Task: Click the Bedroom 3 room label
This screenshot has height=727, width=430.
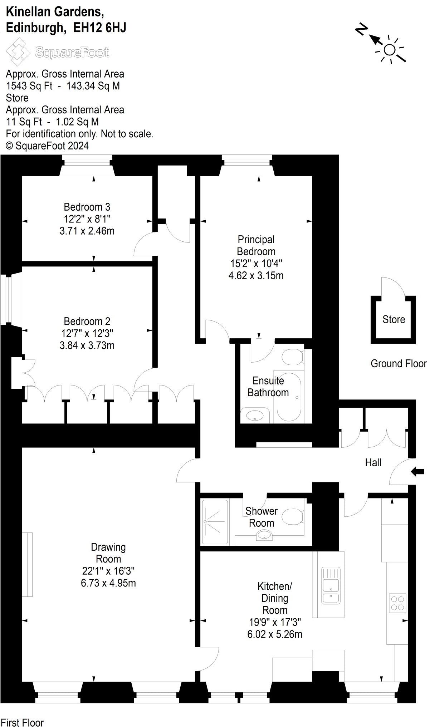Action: [x=87, y=207]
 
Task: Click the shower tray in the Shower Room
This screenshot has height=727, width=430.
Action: [x=215, y=522]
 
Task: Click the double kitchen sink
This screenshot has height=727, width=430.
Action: [x=331, y=585]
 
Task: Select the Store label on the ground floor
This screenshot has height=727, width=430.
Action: [x=394, y=319]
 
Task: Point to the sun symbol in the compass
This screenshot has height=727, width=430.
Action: [x=390, y=50]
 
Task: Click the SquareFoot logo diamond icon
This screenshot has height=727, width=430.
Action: [x=18, y=52]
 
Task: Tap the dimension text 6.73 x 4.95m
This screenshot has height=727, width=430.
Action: [x=108, y=583]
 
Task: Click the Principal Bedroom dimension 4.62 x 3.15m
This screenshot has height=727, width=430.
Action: [x=256, y=275]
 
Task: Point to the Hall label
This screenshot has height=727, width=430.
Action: [x=373, y=462]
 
